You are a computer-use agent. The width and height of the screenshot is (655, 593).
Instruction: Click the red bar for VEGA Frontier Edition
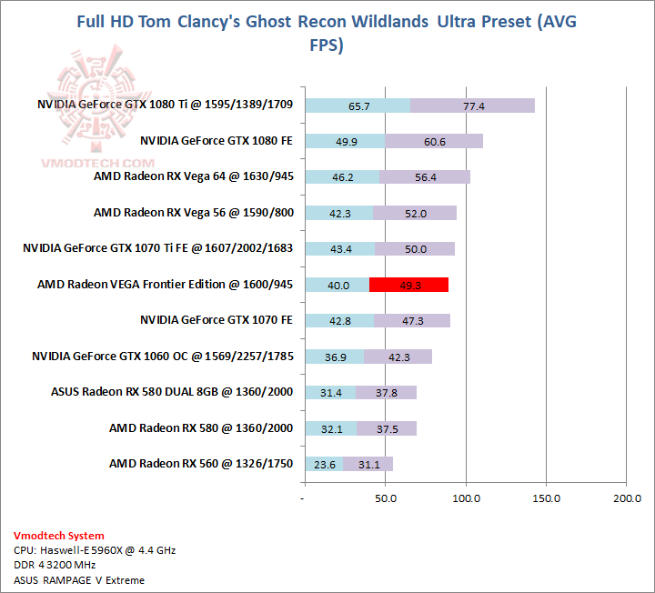pos(408,285)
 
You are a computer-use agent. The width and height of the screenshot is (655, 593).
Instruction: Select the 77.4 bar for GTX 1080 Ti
pos(472,106)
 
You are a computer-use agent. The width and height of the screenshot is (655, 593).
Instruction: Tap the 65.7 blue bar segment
pos(358,106)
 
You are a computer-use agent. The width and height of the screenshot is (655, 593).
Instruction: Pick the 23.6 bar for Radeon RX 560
pos(325,464)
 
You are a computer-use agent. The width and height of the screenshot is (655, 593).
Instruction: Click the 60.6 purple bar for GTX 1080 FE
pos(434,141)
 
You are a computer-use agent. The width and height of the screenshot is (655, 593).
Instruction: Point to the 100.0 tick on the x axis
pos(466,498)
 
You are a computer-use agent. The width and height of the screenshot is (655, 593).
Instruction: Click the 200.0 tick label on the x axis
pos(627,498)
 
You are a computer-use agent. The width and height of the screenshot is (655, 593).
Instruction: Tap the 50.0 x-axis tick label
pos(386,498)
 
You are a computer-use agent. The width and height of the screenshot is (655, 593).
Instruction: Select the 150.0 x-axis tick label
pos(546,498)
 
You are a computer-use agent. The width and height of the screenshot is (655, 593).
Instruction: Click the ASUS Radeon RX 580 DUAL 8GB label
pos(172,392)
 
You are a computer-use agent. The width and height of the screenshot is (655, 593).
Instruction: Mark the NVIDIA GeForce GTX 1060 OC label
pos(162,356)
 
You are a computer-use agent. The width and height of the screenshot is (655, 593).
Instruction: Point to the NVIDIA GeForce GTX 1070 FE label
pos(216,320)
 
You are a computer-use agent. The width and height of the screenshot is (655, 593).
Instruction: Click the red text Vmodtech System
pos(59,536)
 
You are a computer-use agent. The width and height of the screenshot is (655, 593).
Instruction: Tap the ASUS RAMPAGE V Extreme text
pos(79,580)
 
